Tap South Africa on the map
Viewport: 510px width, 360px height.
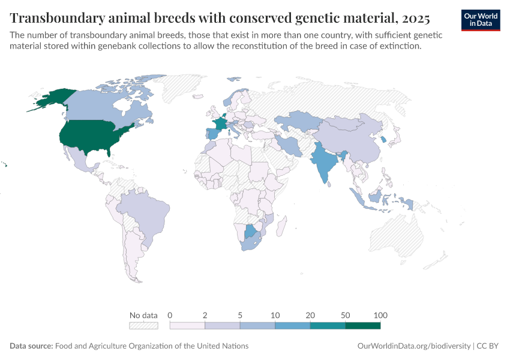tap(254, 244)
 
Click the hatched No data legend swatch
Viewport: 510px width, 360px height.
tap(143, 326)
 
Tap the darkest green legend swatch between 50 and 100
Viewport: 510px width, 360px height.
tap(363, 326)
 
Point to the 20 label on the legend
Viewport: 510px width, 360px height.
tap(310, 316)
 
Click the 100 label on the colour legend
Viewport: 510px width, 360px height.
tap(380, 316)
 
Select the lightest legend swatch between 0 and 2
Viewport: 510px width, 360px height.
tap(188, 326)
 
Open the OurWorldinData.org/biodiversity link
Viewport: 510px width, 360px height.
tap(413, 346)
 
